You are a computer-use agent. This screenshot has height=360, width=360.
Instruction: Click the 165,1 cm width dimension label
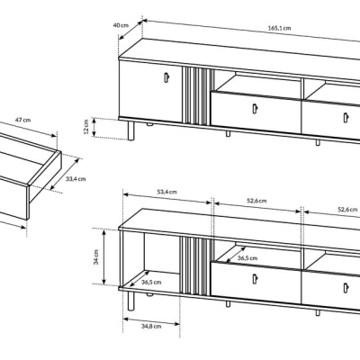(279, 28)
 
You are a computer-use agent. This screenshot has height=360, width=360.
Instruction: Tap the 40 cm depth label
(121, 25)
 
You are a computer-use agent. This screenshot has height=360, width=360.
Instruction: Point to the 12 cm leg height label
(86, 127)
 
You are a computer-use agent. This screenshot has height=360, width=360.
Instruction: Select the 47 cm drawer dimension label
(22, 120)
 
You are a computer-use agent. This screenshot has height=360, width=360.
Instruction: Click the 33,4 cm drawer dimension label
(76, 179)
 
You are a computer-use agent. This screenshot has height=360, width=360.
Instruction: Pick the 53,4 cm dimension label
(167, 192)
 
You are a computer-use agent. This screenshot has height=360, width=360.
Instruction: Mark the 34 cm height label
(96, 256)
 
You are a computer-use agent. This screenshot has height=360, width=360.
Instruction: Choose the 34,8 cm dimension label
(151, 326)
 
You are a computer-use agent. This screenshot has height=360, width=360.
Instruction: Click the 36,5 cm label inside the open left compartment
(151, 282)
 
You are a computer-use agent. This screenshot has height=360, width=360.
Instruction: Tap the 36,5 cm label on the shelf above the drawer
(247, 257)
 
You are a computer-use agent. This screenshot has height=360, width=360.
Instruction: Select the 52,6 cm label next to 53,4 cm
(256, 201)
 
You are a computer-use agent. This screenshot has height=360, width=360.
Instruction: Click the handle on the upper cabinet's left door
(166, 77)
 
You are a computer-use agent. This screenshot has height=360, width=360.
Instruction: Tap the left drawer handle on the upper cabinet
(255, 109)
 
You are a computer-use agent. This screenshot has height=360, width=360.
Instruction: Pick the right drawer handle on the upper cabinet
(346, 118)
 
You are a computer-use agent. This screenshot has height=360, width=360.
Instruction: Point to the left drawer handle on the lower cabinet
(255, 279)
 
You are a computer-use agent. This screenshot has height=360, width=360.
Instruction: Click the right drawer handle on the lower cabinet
(346, 288)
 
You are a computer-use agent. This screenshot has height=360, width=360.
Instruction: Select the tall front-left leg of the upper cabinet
(130, 130)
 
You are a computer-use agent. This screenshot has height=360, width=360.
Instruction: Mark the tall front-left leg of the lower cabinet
(130, 301)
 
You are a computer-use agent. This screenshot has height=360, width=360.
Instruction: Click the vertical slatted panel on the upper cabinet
(197, 96)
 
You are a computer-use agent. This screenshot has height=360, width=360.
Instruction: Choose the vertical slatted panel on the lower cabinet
(196, 266)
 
